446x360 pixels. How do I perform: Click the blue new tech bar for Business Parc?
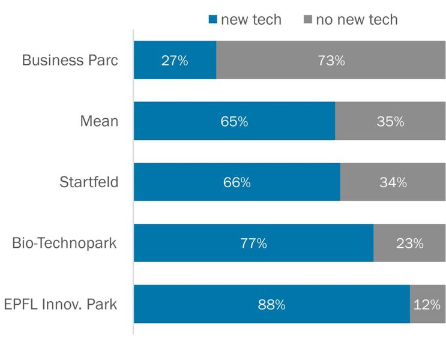175,60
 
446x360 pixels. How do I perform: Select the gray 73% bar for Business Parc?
331,60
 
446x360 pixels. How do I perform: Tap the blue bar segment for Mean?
234,121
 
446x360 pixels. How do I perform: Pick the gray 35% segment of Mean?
390,121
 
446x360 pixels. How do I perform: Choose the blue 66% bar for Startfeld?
237,182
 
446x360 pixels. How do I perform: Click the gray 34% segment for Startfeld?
393,182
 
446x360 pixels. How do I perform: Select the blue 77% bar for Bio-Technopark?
253,243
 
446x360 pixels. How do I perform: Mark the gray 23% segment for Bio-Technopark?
409,243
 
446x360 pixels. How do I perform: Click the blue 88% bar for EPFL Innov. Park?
271,304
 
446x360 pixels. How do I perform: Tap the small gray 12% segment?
427,304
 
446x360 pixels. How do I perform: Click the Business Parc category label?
70,60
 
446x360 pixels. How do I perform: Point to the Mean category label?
99,121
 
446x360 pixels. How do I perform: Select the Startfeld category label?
89,182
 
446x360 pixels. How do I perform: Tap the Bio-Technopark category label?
64,243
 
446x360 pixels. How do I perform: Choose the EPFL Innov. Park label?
60,304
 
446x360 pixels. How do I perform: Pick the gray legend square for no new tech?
307,20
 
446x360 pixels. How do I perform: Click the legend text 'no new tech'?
357,19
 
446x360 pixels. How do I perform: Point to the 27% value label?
175,61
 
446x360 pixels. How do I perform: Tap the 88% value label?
271,305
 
